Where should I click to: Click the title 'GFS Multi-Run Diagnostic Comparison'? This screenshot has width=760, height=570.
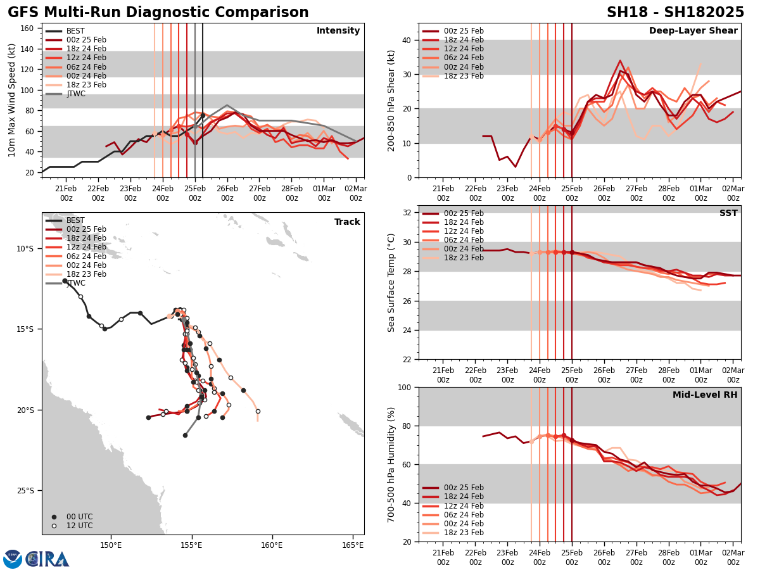158,13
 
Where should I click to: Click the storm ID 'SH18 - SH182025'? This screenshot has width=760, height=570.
675,13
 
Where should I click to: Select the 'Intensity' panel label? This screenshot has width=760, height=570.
338,31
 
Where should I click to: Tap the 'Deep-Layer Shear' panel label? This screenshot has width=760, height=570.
693,31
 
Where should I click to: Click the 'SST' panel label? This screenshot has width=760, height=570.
728,213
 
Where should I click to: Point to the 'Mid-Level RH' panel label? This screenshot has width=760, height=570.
705,395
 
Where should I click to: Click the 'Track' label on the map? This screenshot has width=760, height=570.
347,222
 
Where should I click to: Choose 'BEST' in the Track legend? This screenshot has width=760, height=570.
75,220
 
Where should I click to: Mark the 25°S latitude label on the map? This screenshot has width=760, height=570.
25,491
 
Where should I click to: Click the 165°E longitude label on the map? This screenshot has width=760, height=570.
353,546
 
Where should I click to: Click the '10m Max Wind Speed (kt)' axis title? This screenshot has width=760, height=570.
12,100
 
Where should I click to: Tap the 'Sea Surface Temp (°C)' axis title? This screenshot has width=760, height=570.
392,282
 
